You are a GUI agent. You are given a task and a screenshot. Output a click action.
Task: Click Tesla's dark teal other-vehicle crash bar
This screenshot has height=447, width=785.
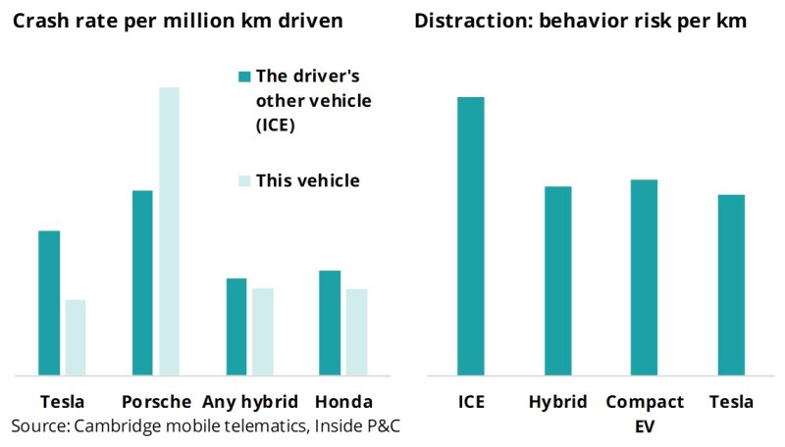[49, 303]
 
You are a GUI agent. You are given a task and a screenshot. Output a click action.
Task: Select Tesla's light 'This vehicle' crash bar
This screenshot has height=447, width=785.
[75, 337]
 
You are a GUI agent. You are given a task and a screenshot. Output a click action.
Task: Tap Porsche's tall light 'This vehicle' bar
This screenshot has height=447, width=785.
[169, 231]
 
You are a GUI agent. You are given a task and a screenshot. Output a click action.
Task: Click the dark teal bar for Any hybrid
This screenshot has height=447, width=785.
[236, 326]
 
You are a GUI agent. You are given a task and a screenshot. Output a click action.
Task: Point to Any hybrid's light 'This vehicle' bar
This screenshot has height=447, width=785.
[262, 331]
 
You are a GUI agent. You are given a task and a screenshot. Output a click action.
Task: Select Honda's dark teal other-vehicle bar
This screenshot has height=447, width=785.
[331, 323]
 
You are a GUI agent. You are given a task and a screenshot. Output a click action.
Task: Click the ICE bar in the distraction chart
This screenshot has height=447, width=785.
[470, 236]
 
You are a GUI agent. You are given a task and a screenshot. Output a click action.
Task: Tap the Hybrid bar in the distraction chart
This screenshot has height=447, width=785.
[557, 280]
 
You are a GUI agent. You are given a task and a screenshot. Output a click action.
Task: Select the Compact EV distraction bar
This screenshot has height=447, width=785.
[644, 277]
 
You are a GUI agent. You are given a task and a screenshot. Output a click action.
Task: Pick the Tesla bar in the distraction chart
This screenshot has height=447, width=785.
[731, 284]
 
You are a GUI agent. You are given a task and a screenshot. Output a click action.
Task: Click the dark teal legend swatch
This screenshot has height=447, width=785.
[243, 76]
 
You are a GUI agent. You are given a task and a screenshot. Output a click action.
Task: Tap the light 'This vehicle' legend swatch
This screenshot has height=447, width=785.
[243, 181]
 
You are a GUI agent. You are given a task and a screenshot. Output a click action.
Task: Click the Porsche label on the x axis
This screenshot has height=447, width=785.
[157, 402]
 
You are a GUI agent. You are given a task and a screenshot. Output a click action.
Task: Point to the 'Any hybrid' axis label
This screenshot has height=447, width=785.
[250, 402]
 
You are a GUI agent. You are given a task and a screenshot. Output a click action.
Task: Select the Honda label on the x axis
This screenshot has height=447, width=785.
[343, 402]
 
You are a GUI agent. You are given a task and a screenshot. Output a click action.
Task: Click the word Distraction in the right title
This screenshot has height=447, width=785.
[457, 21]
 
